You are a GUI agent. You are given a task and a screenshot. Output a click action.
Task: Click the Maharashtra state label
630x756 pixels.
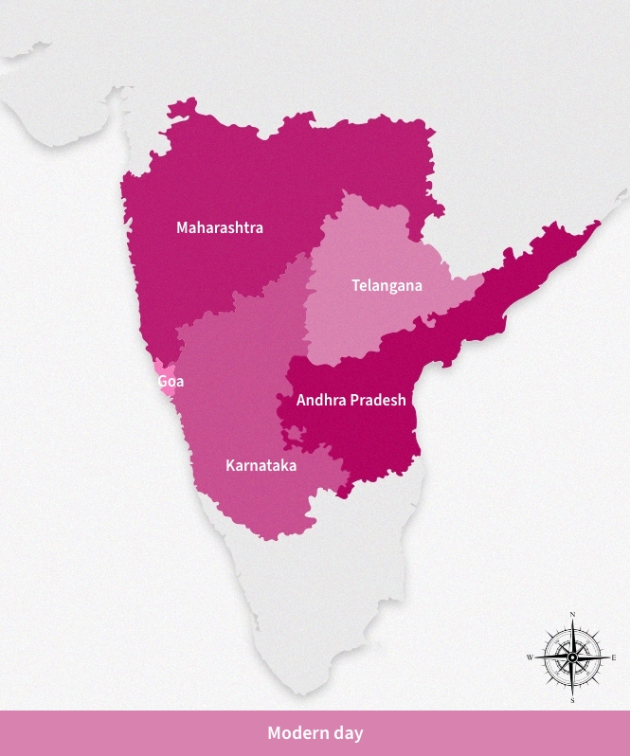(220, 227)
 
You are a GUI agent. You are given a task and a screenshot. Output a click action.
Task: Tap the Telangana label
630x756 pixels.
(387, 285)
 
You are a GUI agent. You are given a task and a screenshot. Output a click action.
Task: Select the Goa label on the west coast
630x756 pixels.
(171, 382)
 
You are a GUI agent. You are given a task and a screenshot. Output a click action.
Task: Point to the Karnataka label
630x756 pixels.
(261, 465)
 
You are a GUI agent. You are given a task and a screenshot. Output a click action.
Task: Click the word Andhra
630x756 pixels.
(321, 400)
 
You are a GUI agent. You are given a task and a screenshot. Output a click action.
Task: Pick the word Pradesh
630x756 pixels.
(378, 400)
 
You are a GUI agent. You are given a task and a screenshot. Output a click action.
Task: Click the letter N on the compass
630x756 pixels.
(572, 615)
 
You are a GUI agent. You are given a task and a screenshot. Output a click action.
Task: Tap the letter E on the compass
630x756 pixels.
(614, 657)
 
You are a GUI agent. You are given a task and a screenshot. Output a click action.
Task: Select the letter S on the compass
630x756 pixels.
(572, 700)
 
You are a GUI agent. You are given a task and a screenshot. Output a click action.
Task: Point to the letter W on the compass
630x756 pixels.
(530, 657)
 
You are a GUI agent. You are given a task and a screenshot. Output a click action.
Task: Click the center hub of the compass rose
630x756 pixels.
(572, 657)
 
